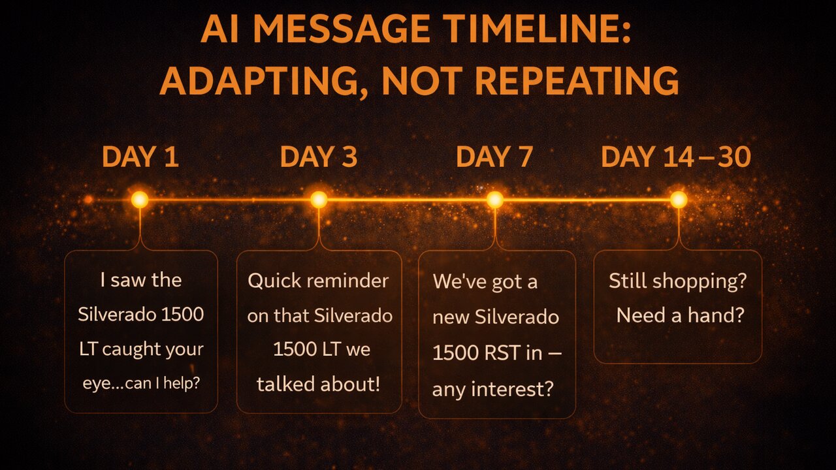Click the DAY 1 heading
(x=140, y=157)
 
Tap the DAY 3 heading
(x=319, y=157)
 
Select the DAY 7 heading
(x=494, y=157)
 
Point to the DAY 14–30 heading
(x=676, y=157)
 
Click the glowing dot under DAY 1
(x=140, y=200)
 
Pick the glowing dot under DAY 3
(x=319, y=200)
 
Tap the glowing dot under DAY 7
(x=495, y=200)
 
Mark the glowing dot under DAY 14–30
(x=679, y=200)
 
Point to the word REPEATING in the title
(x=577, y=81)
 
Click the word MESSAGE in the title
(x=342, y=29)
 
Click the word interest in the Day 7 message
(x=512, y=389)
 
